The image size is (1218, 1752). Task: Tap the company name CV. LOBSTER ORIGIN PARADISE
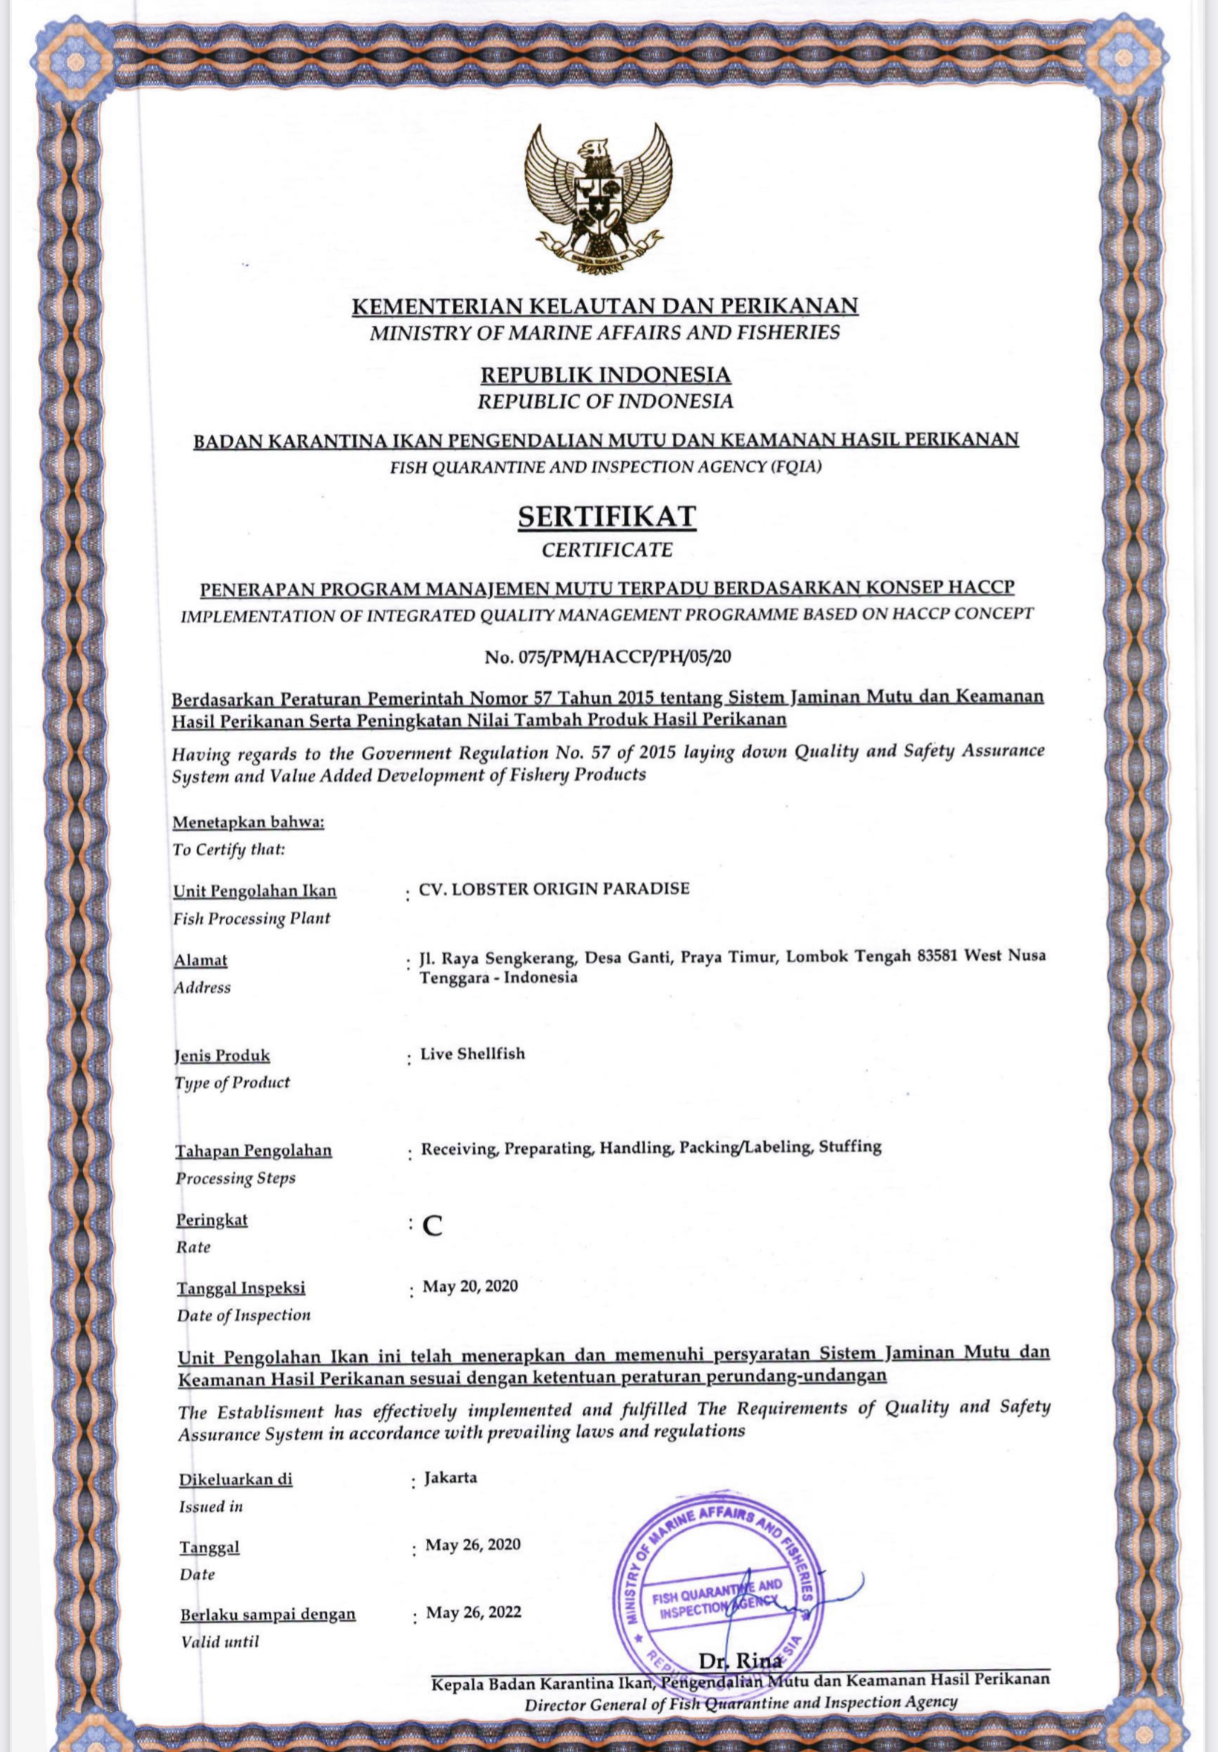click(x=555, y=888)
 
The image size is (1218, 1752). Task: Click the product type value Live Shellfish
click(x=473, y=1054)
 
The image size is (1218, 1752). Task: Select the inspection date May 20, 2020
click(x=471, y=1287)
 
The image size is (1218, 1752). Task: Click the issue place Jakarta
click(x=451, y=1477)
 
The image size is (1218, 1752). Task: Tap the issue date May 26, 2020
click(x=473, y=1545)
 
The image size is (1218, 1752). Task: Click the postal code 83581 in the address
click(x=937, y=956)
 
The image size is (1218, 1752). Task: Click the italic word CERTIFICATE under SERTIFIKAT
click(x=608, y=549)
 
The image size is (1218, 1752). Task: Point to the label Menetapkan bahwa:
click(x=249, y=824)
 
